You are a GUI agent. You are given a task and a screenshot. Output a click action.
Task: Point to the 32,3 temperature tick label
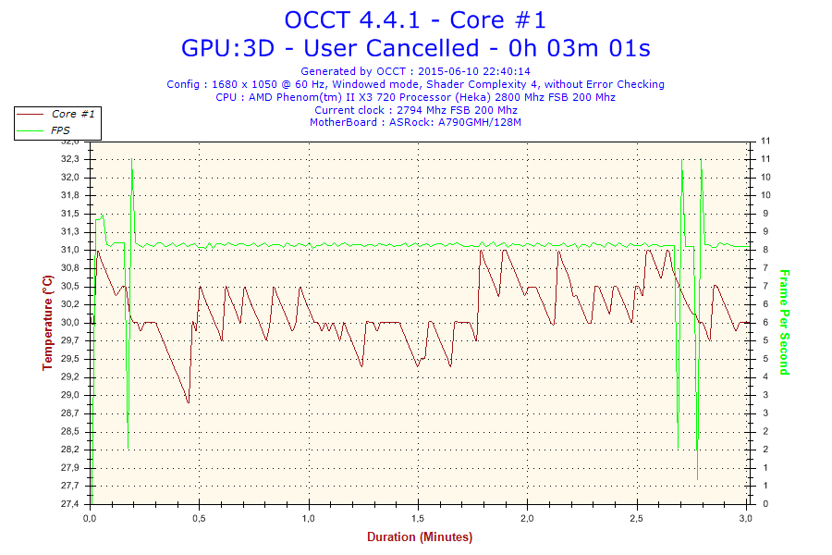(x=69, y=159)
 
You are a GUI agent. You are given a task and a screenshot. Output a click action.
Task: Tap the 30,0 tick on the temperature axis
(x=69, y=323)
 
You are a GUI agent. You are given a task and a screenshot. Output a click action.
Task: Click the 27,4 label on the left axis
(x=69, y=504)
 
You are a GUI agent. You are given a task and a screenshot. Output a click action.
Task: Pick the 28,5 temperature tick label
(x=69, y=431)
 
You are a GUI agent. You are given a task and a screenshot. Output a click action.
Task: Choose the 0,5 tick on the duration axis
(x=199, y=519)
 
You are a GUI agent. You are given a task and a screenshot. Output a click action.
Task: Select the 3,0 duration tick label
(x=746, y=519)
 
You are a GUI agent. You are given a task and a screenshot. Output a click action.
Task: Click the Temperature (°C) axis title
(x=47, y=322)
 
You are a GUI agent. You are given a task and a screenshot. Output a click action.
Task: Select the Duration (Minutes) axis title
(x=419, y=537)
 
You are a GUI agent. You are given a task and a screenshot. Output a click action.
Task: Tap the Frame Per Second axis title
(x=784, y=322)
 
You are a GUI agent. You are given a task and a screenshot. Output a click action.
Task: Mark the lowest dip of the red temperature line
(x=188, y=402)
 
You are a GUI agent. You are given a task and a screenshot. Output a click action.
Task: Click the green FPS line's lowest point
(x=697, y=480)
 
